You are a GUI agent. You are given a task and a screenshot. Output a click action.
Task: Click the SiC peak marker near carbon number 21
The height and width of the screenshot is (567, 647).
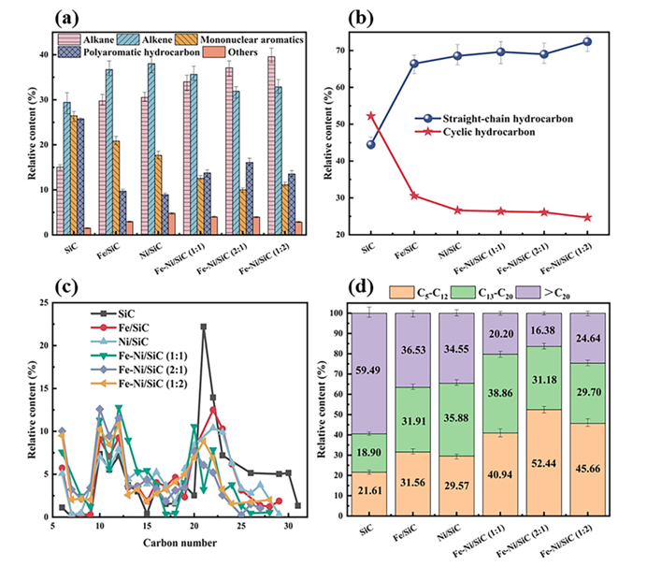[x=203, y=327]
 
